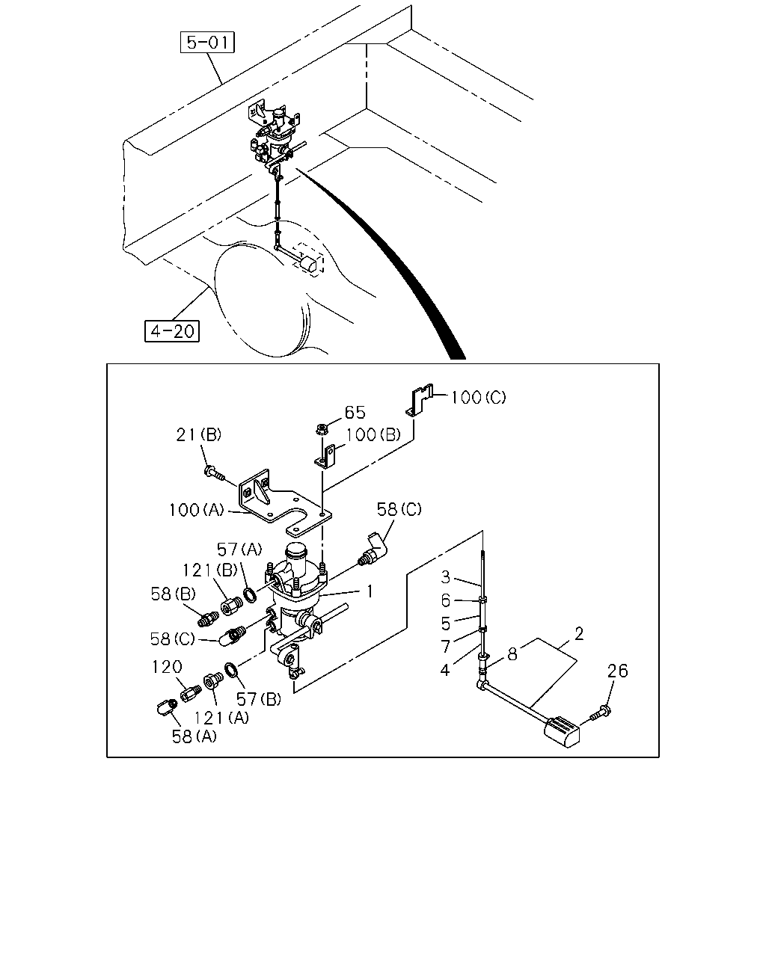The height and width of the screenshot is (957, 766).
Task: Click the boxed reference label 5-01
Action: tap(207, 43)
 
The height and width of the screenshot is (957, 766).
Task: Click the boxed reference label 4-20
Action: tap(172, 331)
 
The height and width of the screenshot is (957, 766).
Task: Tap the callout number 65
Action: tap(355, 412)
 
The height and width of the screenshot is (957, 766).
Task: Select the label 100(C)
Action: tap(479, 397)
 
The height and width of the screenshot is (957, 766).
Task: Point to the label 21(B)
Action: tap(198, 434)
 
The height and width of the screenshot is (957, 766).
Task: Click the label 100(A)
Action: tap(196, 510)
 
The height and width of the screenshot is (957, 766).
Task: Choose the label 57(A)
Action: tap(239, 550)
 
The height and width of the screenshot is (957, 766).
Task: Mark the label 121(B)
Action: tap(209, 570)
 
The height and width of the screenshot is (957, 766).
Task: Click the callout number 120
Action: tap(167, 667)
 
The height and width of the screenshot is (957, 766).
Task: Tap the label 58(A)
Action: tap(194, 737)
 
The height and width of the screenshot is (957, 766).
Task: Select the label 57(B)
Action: tap(259, 700)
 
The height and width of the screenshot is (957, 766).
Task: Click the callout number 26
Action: tap(617, 671)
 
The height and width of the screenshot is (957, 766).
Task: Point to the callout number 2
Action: tap(579, 633)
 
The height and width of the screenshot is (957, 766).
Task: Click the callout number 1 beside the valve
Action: tap(370, 591)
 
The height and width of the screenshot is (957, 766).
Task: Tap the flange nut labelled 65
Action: tap(320, 430)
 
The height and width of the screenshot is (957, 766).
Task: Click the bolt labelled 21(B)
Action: tap(214, 473)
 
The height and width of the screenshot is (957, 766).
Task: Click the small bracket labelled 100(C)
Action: tap(419, 399)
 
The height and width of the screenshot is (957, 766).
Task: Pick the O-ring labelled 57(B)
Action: tap(230, 671)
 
